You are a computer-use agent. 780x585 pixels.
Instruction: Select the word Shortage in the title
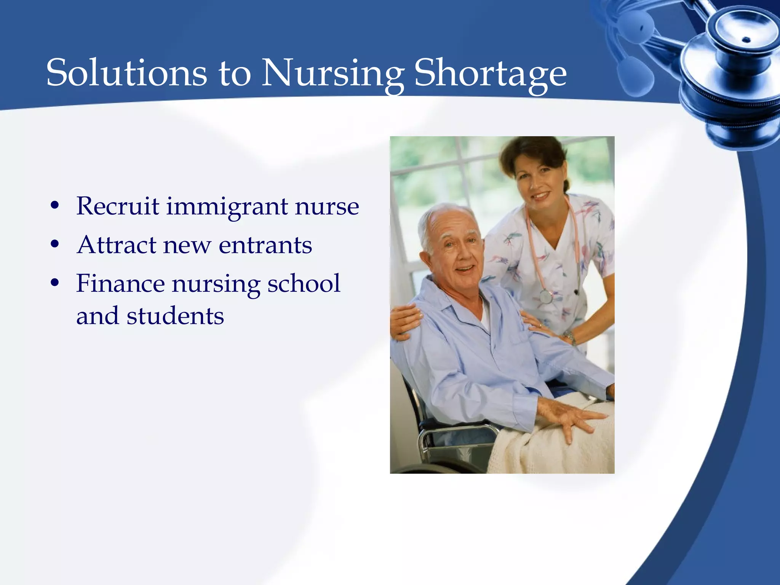490,72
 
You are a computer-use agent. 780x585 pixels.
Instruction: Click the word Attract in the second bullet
117,245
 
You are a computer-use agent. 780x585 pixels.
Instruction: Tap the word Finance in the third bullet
120,283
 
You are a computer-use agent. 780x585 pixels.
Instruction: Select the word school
304,283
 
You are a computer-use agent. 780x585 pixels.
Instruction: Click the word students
175,316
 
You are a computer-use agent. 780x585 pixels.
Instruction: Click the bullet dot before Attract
55,245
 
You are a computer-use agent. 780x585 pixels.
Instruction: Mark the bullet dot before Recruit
55,206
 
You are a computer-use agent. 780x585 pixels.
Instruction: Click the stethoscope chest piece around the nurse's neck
546,296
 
